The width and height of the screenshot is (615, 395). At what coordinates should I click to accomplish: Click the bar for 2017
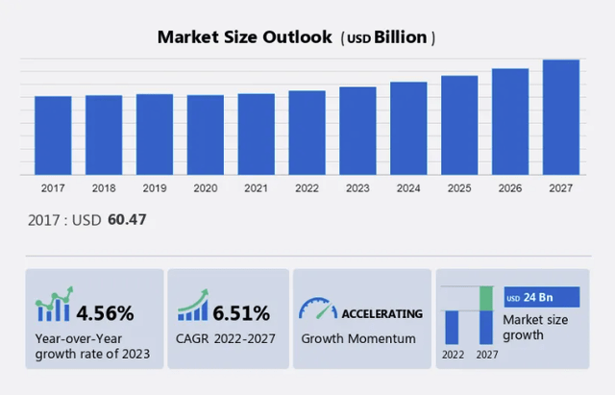pyautogui.click(x=53, y=136)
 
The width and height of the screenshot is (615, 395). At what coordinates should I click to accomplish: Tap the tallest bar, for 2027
pyautogui.click(x=561, y=117)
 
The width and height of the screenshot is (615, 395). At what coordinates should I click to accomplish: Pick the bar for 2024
pyautogui.click(x=408, y=129)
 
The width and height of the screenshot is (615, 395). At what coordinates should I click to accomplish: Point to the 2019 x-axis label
pyautogui.click(x=154, y=188)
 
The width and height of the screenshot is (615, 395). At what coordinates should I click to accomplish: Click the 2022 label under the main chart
pyautogui.click(x=307, y=188)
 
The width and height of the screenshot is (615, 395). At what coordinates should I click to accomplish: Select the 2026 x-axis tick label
pyautogui.click(x=510, y=188)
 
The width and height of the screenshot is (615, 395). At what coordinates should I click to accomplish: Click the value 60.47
pyautogui.click(x=126, y=220)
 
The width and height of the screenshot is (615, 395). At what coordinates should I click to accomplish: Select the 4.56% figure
pyautogui.click(x=106, y=312)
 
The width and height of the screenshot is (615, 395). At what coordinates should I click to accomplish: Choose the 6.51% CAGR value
pyautogui.click(x=242, y=312)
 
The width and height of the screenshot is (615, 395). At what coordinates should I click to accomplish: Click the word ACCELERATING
pyautogui.click(x=382, y=313)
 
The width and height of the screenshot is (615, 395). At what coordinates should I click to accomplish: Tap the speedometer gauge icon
pyautogui.click(x=318, y=309)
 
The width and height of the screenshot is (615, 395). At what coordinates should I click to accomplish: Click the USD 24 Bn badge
pyautogui.click(x=541, y=297)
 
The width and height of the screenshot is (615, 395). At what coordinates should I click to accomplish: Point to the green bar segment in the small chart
pyautogui.click(x=486, y=298)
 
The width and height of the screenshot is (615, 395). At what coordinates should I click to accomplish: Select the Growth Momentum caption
pyautogui.click(x=358, y=338)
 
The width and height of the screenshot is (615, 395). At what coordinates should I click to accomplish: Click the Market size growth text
pyautogui.click(x=536, y=327)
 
